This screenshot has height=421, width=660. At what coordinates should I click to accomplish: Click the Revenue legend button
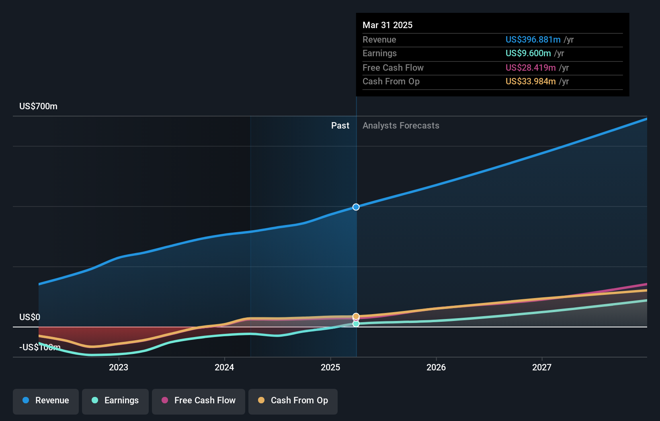[x=46, y=401]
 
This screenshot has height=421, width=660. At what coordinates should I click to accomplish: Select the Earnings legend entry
[x=115, y=401]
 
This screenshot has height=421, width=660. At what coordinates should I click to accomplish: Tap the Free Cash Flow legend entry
[x=199, y=401]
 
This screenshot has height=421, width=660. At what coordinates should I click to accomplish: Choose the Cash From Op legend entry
[x=293, y=401]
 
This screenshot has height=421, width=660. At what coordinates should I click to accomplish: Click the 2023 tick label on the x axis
[x=119, y=368]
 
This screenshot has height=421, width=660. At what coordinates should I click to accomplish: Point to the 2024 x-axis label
[x=224, y=368]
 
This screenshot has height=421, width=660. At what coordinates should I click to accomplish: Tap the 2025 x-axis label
[x=330, y=368]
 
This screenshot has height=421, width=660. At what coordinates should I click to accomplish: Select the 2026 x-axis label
[x=436, y=368]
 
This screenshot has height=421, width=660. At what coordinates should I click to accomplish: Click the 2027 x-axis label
[x=542, y=368]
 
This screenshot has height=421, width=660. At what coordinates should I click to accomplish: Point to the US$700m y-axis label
[x=38, y=106]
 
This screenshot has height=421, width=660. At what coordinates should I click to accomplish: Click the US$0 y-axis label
[x=30, y=317]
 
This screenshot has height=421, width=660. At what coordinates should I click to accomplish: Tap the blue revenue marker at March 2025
[x=356, y=207]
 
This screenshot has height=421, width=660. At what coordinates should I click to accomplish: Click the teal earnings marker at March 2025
[x=356, y=324]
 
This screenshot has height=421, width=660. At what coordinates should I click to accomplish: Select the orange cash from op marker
[x=356, y=316]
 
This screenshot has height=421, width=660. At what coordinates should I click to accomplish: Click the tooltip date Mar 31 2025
[x=387, y=25]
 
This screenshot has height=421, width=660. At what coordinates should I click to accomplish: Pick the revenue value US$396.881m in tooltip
[x=533, y=39]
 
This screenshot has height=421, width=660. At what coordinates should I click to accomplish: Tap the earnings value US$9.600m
[x=528, y=53]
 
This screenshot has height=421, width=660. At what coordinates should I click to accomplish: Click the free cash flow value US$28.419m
[x=531, y=67]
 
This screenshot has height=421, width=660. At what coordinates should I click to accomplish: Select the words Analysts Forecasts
[x=401, y=126]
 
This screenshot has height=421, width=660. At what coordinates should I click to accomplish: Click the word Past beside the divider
[x=340, y=126]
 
